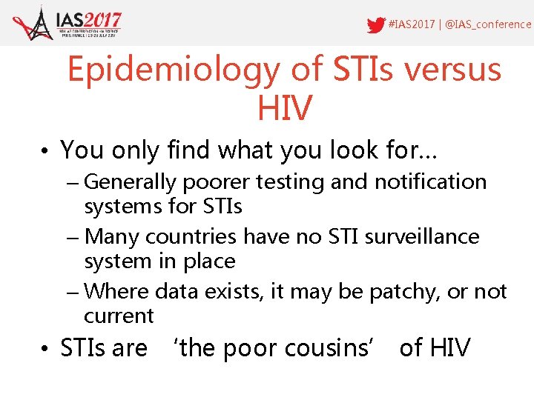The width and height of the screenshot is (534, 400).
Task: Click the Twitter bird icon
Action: point(377,24)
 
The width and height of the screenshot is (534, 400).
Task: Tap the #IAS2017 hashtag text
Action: point(412,24)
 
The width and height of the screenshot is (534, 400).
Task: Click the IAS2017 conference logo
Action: point(67,24)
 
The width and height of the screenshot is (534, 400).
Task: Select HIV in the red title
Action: point(284,108)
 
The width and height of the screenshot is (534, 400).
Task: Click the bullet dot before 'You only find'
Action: point(46,151)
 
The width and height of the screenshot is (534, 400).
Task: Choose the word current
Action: point(119,316)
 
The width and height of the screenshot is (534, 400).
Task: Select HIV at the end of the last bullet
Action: point(448,347)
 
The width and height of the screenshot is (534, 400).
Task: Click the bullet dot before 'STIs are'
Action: point(46,348)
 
